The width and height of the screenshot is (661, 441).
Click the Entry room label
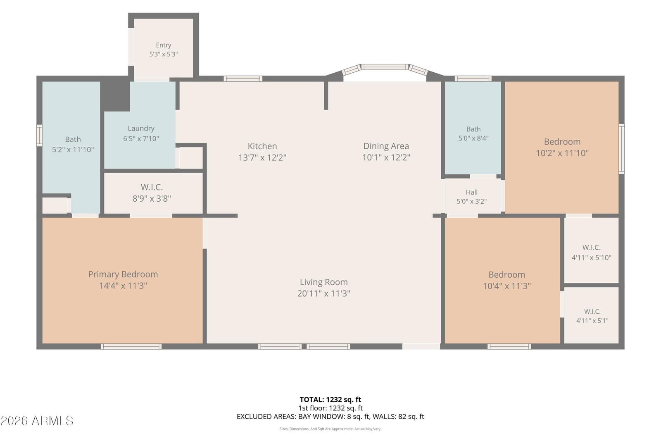coord(164,45)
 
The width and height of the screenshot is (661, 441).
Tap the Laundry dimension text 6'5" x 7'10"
coord(141,138)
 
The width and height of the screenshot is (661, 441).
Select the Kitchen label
coord(262,146)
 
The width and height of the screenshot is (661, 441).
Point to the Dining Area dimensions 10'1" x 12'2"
coord(386,157)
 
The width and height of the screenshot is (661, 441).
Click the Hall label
coord(471,192)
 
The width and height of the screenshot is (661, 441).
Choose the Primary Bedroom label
coord(123,274)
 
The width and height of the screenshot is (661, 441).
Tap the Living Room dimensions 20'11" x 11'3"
coord(323,293)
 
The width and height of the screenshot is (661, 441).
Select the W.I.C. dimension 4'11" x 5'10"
coord(591,257)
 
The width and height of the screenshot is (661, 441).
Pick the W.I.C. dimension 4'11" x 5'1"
coord(592,321)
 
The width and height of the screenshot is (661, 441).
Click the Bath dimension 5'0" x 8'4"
coord(473,138)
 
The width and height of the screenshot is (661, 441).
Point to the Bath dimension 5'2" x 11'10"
coord(73,149)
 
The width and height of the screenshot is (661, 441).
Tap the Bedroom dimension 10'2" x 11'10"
coord(562,153)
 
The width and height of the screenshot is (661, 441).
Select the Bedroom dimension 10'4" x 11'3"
coord(506,286)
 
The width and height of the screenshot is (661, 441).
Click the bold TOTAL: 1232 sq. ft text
coord(330,400)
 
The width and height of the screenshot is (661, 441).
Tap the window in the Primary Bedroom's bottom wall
coord(131,346)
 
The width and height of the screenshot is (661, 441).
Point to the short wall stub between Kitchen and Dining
coord(326,95)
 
